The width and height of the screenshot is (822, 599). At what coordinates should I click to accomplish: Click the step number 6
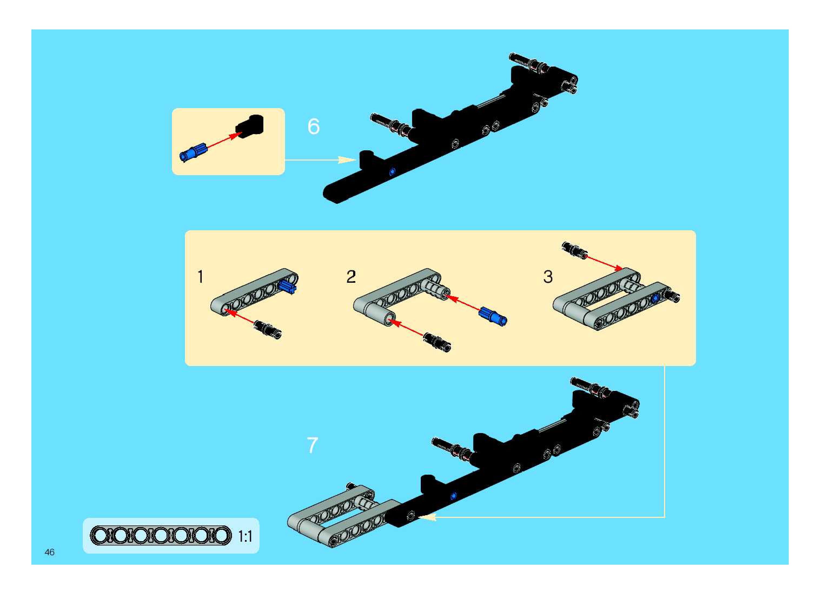[x=313, y=127]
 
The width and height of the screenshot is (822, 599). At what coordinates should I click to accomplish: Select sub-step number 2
[x=351, y=277]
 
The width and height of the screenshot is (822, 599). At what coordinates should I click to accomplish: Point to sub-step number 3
[x=548, y=277]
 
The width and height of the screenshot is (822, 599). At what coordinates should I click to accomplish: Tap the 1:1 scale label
[x=245, y=536]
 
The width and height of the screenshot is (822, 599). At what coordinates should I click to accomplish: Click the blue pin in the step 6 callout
[x=192, y=152]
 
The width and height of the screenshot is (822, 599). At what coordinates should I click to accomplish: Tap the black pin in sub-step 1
[x=267, y=329]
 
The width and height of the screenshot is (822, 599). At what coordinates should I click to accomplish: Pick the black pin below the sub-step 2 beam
[x=437, y=342]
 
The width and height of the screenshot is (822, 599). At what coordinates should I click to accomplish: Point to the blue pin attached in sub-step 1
[x=288, y=287]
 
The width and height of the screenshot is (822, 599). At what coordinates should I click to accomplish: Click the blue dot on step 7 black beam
[x=453, y=496]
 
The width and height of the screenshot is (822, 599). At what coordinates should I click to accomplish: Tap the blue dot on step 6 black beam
[x=392, y=172]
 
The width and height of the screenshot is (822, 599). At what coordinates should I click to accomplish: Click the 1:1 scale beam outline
[x=160, y=535]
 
